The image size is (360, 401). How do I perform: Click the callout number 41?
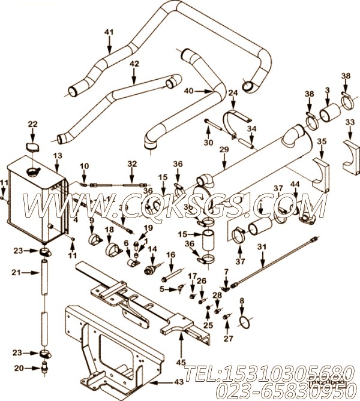tap(109, 32)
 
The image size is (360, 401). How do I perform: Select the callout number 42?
tap(134, 63)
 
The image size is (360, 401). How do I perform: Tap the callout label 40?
tap(188, 91)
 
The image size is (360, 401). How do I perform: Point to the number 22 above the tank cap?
tap(32, 124)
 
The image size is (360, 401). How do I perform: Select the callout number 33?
tap(350, 122)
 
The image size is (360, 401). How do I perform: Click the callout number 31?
tap(261, 247)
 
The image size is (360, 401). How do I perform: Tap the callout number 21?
tap(16, 273)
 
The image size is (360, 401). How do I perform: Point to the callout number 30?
tap(208, 143)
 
